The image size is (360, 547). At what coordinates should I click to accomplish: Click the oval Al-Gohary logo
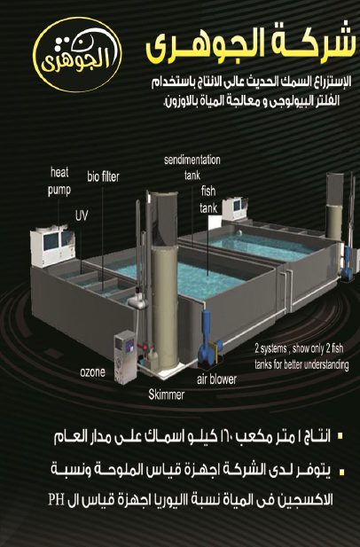coord(77,54)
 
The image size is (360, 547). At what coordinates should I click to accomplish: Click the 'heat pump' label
coord(59,182)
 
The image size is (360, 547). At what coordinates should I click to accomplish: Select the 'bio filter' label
coord(103,177)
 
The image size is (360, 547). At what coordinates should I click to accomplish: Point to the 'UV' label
coord(82,215)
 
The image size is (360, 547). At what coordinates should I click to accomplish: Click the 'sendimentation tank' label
coord(192,168)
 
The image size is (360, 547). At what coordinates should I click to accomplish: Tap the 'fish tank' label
coord(208,199)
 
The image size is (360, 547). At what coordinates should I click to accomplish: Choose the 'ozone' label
coord(92,371)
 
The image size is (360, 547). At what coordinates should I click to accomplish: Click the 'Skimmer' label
coord(167,395)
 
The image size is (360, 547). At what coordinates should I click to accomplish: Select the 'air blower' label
coord(216,379)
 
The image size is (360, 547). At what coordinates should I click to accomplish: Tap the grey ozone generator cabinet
coord(125,356)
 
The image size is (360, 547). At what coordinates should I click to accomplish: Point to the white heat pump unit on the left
coord(52,246)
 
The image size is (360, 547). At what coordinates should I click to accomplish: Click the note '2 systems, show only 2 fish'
coord(299,348)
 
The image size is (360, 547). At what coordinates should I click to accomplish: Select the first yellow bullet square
coord(341,435)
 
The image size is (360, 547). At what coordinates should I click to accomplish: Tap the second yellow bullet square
coord(342,473)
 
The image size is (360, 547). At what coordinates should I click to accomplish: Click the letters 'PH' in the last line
coord(56,500)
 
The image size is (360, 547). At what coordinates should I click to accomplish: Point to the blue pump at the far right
coord(347,264)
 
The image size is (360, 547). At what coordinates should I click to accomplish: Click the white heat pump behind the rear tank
coord(235,208)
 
